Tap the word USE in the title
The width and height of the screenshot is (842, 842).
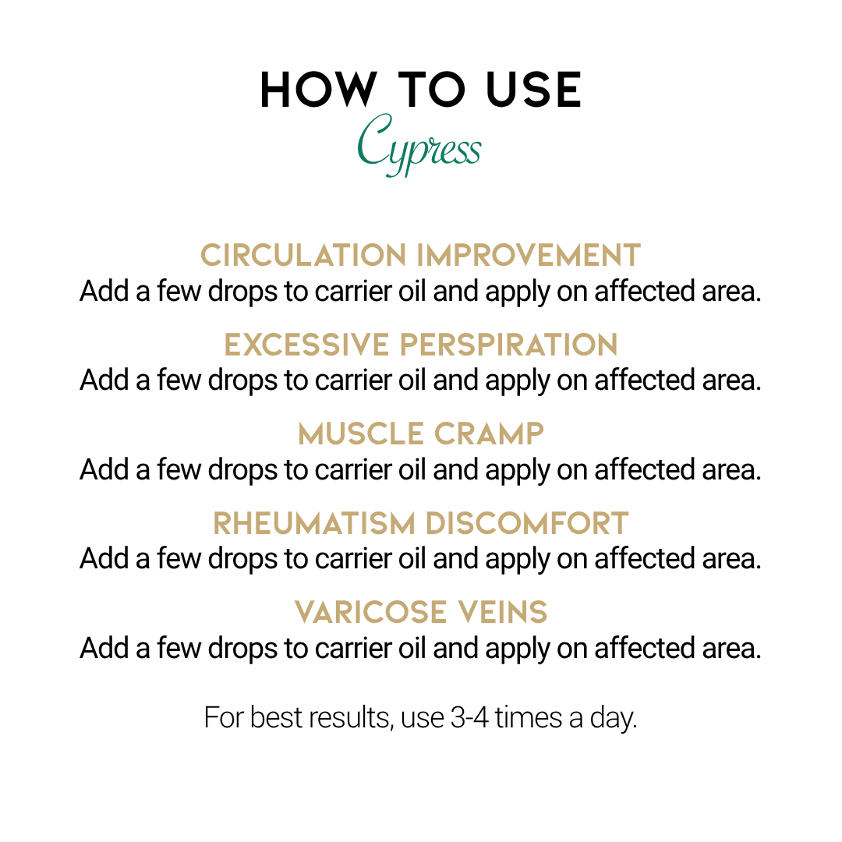point(533,90)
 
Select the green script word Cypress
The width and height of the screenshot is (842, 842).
point(419,144)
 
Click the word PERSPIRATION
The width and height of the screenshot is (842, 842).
point(508,345)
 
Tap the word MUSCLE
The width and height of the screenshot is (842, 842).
point(361,433)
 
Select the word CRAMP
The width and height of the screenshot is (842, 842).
point(489,433)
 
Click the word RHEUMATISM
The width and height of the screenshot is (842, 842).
point(314,523)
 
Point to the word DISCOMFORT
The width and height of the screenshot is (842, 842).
point(527,523)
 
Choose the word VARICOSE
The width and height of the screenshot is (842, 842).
point(370,612)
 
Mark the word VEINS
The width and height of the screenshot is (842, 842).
point(502,612)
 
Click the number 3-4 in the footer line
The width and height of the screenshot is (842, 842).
point(470,718)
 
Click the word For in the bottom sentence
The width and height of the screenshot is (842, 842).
point(224,718)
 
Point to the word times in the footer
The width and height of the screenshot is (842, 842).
point(529,718)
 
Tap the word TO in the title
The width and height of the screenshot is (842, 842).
point(431,90)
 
